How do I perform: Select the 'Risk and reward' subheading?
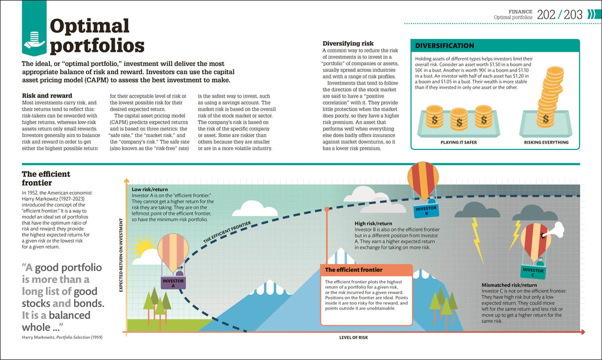(x=47, y=95)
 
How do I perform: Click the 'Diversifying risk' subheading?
(x=348, y=44)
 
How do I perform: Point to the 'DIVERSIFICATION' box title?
(x=445, y=46)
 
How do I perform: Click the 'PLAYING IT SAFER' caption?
(x=458, y=142)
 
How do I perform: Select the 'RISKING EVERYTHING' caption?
(x=546, y=142)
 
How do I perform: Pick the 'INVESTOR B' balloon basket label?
(x=425, y=210)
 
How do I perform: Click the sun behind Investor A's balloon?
(x=143, y=247)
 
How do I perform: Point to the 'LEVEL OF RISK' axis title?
(x=353, y=337)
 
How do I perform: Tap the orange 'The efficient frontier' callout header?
(x=354, y=270)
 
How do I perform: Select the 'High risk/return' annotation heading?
(x=373, y=224)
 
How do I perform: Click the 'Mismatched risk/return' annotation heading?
(x=509, y=285)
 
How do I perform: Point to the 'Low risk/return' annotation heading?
(x=150, y=189)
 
